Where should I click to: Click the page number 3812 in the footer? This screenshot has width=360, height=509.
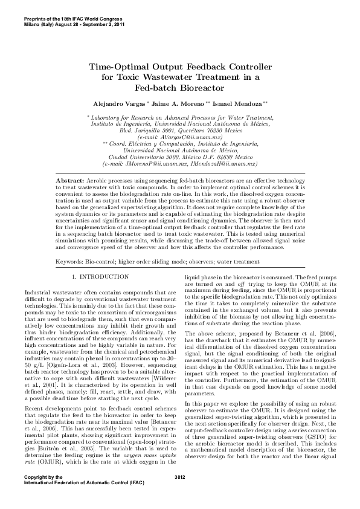coord(179,494)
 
